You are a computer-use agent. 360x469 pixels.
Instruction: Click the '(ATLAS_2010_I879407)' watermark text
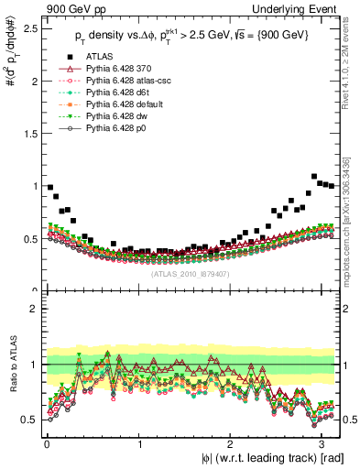click(x=190, y=272)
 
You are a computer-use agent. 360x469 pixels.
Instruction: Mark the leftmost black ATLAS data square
click(x=49, y=187)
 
